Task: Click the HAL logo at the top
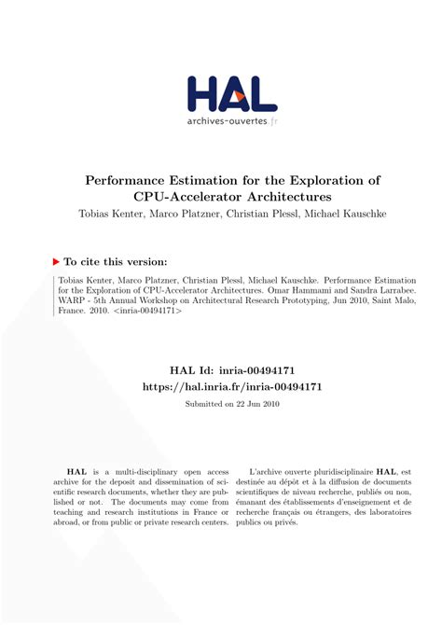[x=231, y=92]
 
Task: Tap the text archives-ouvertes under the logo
[x=226, y=120]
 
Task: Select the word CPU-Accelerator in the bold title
[x=185, y=197]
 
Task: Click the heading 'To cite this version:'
[x=116, y=262]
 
